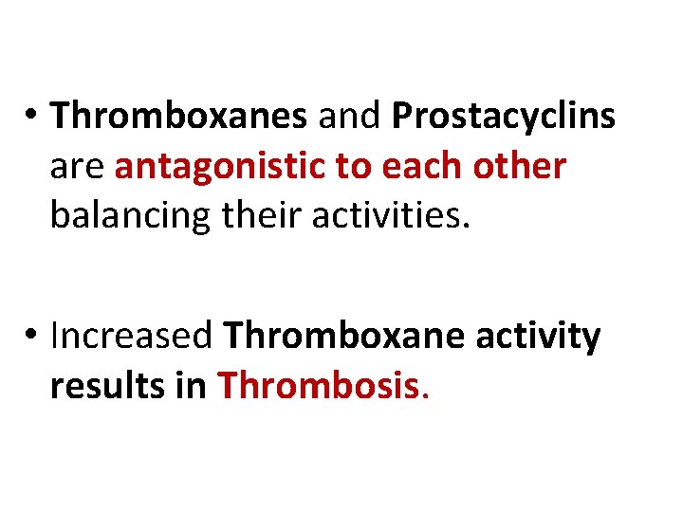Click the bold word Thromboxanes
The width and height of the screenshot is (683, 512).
point(179,117)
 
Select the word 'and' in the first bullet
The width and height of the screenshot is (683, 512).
point(348,117)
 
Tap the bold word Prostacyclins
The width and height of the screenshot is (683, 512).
point(503,117)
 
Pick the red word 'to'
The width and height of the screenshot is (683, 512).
point(354,166)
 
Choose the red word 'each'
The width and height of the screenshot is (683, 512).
point(418,166)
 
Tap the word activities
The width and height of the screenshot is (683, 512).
point(388,215)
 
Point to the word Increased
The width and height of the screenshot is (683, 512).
point(132,336)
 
